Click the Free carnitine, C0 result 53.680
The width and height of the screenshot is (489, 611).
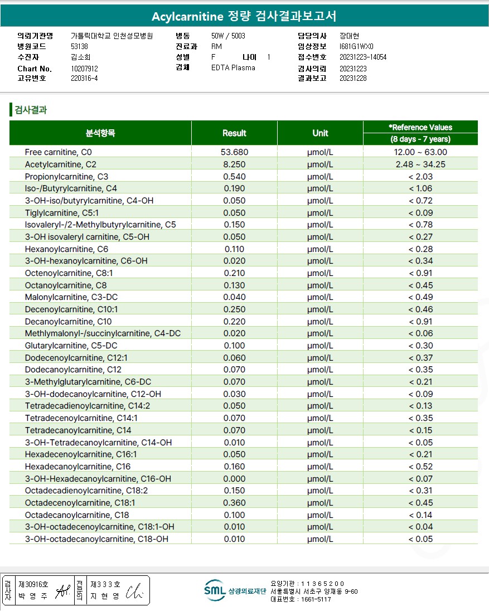[234, 152]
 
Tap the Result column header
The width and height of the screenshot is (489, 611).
[234, 133]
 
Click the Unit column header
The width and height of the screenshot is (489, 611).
[320, 133]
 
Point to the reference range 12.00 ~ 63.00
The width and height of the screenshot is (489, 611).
[420, 152]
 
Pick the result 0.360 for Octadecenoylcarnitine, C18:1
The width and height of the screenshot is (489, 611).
[234, 503]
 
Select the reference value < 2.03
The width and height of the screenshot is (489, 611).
[420, 177]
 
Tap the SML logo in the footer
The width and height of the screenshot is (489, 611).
[214, 591]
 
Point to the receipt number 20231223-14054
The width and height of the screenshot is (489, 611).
[363, 57]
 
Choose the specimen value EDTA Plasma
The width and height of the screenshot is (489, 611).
[233, 68]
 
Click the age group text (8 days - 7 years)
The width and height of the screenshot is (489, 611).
[420, 139]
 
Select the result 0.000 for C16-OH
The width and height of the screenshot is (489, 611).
[234, 479]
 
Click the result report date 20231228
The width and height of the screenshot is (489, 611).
[353, 79]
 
